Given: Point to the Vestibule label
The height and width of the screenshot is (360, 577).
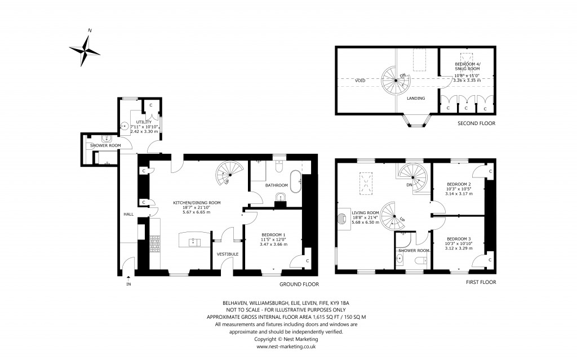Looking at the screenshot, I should (228, 254).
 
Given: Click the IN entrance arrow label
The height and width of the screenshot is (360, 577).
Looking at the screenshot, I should (128, 283).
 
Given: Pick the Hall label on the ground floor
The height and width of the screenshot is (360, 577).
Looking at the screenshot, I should (128, 215).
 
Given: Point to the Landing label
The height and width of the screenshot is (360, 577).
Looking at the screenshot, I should (416, 98).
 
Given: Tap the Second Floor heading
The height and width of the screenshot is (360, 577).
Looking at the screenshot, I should (477, 123).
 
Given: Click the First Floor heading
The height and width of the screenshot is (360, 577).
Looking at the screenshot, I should (481, 282).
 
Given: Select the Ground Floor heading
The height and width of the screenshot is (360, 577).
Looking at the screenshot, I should (300, 285).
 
